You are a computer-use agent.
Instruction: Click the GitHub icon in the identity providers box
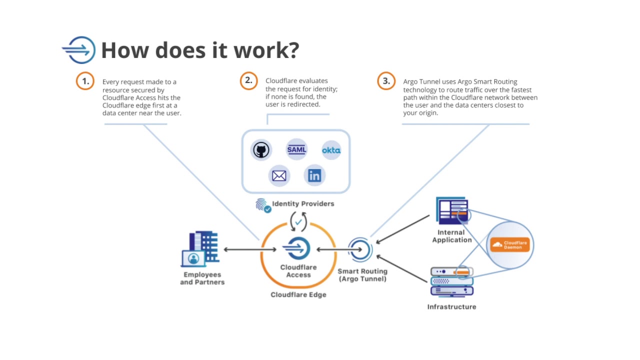[261, 150]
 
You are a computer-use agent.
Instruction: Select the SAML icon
[296, 149]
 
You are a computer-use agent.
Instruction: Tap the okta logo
[331, 150]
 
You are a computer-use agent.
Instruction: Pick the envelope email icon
[279, 175]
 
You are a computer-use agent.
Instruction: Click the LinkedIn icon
[314, 175]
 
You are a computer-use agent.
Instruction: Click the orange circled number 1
[85, 81]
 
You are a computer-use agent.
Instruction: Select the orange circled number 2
[248, 80]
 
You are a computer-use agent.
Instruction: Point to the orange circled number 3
[386, 81]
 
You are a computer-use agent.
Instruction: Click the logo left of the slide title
[79, 50]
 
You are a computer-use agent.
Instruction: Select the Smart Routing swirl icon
[360, 249]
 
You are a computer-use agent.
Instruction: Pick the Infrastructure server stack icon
[451, 282]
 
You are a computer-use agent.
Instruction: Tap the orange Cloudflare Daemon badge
[510, 244]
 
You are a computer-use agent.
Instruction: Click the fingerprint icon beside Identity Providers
[262, 205]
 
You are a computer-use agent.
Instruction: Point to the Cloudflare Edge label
[298, 294]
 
